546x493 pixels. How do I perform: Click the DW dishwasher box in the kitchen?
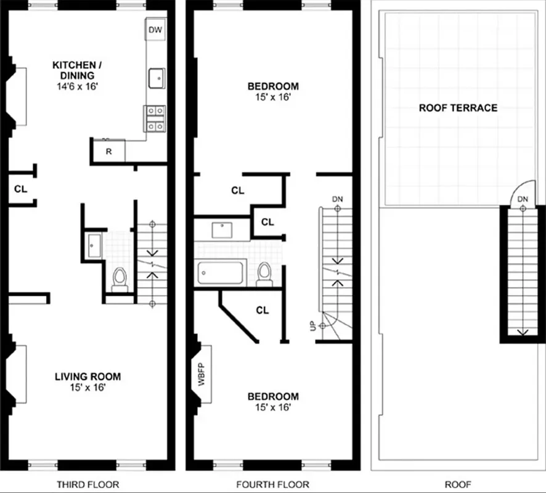click(155, 29)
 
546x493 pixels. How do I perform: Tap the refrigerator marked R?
click(108, 151)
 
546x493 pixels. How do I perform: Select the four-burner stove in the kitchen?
click(155, 118)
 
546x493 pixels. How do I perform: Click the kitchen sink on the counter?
click(157, 78)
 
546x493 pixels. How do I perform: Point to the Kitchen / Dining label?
click(74, 70)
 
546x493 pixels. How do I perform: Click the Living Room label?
click(88, 377)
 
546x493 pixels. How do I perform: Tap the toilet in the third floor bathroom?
click(119, 279)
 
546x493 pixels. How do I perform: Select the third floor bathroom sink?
click(94, 245)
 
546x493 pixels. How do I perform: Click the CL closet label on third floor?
click(21, 189)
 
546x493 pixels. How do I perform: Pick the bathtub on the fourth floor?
click(221, 273)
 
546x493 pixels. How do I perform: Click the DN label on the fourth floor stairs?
click(336, 199)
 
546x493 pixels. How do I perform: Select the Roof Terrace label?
click(458, 108)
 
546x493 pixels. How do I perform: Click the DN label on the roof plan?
click(523, 199)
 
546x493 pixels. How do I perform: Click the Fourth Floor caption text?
click(273, 484)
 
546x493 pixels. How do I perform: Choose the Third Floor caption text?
click(88, 484)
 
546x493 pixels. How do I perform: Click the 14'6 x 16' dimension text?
click(74, 88)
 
